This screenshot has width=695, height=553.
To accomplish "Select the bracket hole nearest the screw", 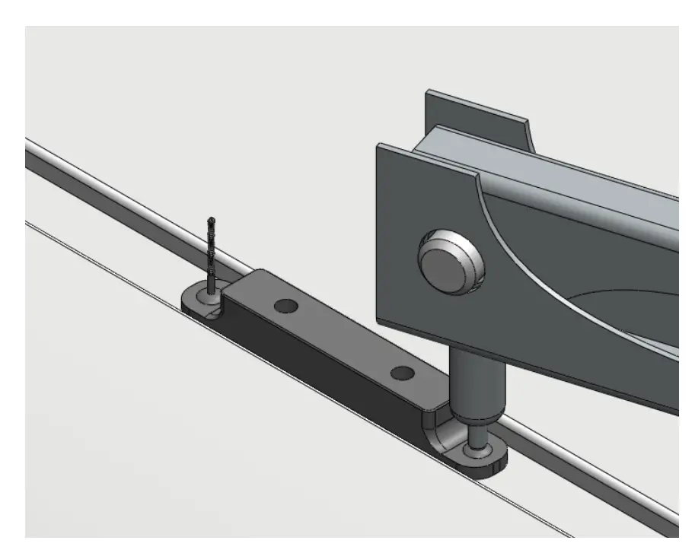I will point(285,306).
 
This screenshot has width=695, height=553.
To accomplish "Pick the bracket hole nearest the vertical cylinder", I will point(402,373).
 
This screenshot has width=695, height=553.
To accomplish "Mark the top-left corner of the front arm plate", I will point(379,147).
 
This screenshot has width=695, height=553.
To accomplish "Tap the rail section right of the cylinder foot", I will point(594,479).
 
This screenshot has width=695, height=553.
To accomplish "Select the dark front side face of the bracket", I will point(320,365).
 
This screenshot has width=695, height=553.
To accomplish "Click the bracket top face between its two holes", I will point(343,335).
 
